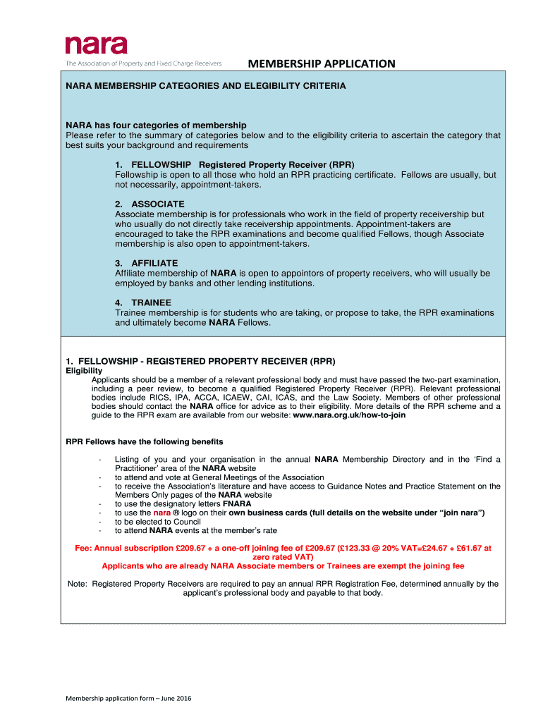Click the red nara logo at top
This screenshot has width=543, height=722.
[x=97, y=45]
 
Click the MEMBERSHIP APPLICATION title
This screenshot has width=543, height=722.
[x=321, y=64]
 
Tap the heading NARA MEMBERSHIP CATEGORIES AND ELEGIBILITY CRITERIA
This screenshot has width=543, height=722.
[x=206, y=86]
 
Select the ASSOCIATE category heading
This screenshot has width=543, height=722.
[x=158, y=204]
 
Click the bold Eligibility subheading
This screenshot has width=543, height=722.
[x=84, y=371]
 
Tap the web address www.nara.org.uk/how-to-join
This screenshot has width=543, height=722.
[x=349, y=415]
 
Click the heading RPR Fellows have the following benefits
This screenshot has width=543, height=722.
[x=145, y=442]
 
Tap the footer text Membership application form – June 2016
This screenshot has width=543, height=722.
[x=129, y=699]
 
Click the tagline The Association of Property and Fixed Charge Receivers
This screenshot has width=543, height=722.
[x=144, y=63]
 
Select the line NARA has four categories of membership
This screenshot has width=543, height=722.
[x=156, y=126]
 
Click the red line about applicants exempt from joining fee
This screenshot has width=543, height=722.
[x=283, y=565]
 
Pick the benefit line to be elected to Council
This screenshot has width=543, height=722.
[x=158, y=522]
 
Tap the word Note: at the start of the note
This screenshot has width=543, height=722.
[x=78, y=584]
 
